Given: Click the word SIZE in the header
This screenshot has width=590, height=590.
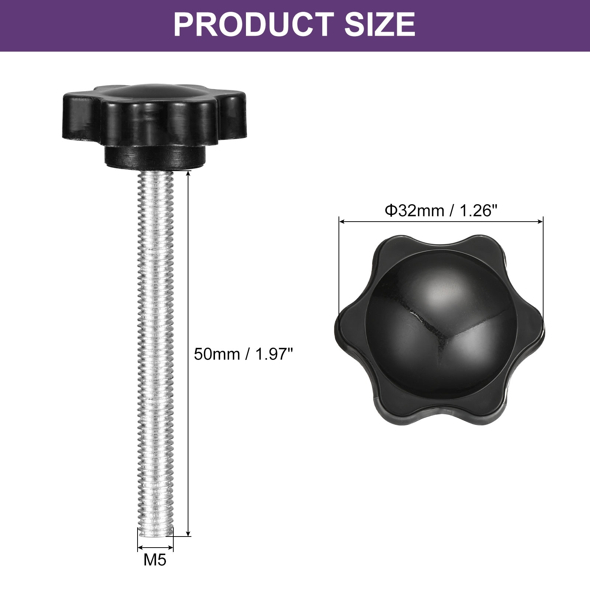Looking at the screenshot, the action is [x=379, y=24].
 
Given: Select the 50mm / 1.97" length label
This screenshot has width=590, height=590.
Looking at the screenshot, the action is [x=243, y=354].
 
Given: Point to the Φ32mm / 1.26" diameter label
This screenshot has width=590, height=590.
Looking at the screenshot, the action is [x=441, y=211].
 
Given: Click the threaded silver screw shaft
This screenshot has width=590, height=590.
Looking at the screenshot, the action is [x=155, y=354].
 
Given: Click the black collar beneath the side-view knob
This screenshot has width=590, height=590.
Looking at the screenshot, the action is [x=155, y=157].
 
